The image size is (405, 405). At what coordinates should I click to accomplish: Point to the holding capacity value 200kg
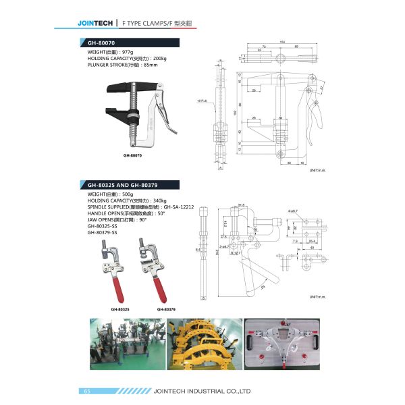pyautogui.click(x=160, y=59)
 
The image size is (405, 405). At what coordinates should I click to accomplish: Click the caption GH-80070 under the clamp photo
pyautogui.click(x=133, y=155)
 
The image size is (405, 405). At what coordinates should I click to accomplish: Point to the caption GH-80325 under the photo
pyautogui.click(x=120, y=309)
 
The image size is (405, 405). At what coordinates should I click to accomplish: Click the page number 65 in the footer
pyautogui.click(x=86, y=391)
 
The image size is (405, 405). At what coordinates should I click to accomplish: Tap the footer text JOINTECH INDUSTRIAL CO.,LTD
pyautogui.click(x=202, y=391)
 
